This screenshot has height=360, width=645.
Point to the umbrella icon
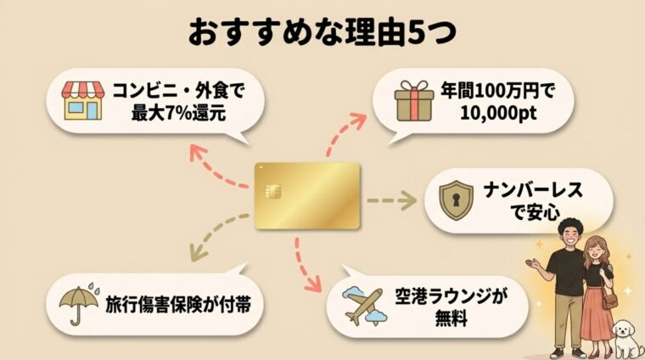coord(77,299)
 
